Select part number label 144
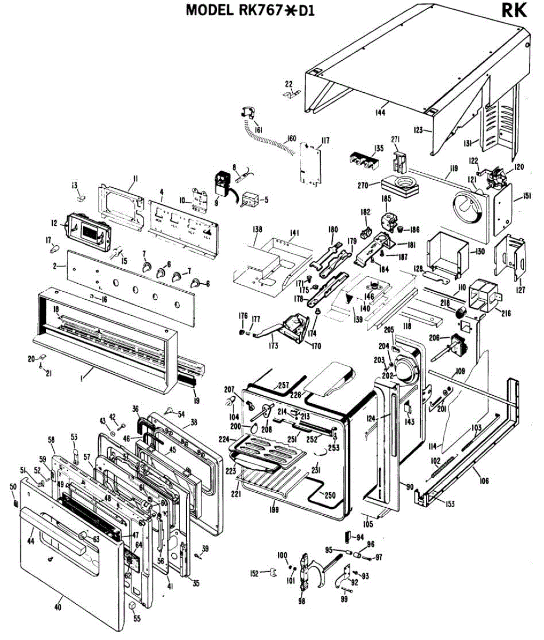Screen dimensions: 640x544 380,112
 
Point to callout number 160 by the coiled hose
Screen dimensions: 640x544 291,139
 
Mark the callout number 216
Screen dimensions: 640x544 506,314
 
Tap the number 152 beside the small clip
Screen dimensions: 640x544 254,573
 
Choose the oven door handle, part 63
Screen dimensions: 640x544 83,535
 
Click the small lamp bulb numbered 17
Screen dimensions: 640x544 54,248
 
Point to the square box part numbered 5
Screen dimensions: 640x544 249,202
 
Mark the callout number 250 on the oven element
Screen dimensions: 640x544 330,495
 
